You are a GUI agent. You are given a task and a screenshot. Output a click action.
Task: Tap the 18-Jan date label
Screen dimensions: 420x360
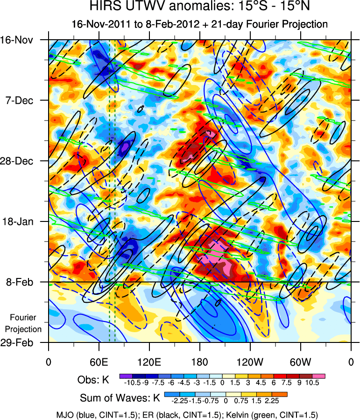pos(24,221)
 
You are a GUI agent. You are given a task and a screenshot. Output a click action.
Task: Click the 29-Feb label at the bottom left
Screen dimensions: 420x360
pos(22,342)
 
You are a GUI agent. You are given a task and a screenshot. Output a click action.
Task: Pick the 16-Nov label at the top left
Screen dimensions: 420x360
pos(22,40)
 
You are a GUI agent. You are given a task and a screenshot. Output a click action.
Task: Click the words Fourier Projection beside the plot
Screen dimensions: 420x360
pos(26,323)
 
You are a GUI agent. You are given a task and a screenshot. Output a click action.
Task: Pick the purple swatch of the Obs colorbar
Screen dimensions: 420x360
pos(125,376)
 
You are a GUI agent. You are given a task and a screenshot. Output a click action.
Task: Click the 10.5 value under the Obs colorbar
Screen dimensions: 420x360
pos(312,383)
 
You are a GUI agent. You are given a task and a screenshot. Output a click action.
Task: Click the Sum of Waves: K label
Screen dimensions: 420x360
pos(120,399)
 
